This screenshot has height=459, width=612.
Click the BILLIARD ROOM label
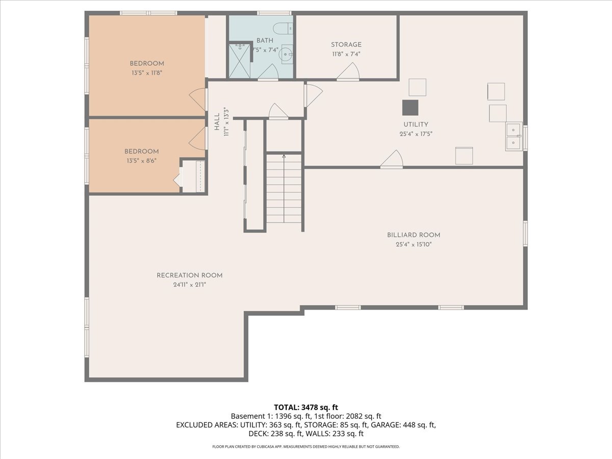coord(413,235)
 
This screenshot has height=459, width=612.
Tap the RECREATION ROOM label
coord(189,275)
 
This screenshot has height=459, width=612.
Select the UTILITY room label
coord(416,124)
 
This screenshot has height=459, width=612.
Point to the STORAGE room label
coord(346,45)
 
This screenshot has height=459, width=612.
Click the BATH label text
coord(265,40)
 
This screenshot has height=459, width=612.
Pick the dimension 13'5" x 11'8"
coord(146,73)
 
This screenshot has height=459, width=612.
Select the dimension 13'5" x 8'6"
coord(141,161)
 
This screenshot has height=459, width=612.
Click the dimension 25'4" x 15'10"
coord(413,245)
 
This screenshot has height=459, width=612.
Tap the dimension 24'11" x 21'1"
coord(189,285)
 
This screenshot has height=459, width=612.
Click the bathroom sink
coord(287,53)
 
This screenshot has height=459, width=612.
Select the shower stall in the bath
coord(239,61)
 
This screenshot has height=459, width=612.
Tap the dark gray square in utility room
coord(410,108)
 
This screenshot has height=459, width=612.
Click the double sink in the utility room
coord(513,137)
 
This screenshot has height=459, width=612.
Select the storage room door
coord(348,72)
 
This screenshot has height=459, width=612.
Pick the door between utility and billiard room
coord(392,160)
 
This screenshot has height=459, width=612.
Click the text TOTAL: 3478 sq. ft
coord(306,407)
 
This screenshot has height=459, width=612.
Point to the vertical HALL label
coord(217,122)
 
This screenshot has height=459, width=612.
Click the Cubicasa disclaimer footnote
coord(306,447)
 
